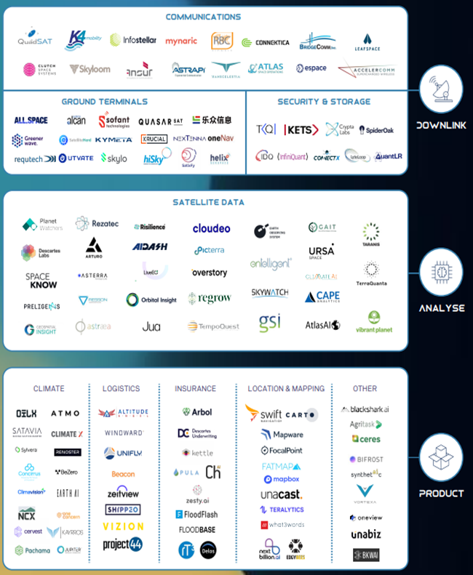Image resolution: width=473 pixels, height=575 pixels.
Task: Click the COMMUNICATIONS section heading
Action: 202,17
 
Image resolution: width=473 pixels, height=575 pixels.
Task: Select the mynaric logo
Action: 180,41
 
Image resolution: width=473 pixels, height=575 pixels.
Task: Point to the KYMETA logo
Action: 114,139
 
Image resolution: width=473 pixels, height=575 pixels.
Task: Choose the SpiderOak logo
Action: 376,130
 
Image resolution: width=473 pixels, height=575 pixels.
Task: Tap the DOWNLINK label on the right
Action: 441,125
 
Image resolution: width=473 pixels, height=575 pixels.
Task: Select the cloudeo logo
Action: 211,228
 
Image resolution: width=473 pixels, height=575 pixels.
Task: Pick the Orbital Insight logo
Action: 151,299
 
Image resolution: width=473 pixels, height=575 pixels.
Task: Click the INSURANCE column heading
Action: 195,389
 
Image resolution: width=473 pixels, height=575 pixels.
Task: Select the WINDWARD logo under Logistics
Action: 124,433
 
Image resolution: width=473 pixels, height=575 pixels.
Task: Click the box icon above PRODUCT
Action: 441,457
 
